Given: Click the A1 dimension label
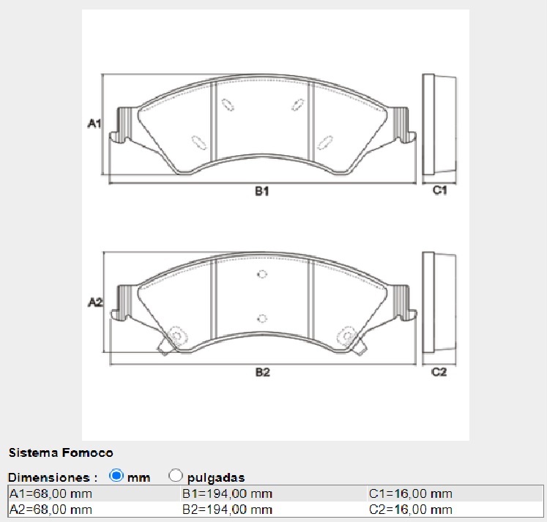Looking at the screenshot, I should [94, 124].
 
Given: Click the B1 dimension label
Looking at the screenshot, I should [263, 191].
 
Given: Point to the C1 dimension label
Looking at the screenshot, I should [439, 191].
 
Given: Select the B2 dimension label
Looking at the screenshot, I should [263, 372].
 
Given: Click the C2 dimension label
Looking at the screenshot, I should [439, 372].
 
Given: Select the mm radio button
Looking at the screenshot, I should [116, 475].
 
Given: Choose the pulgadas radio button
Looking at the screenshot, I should [176, 475].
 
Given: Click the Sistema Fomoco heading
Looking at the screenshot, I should [61, 453].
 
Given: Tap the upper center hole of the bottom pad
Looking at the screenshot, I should [263, 275].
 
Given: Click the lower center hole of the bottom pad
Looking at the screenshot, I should [263, 318].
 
